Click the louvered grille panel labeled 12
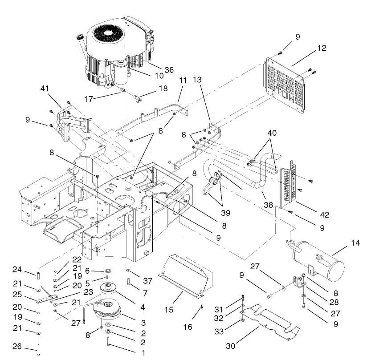285,85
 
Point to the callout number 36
169,69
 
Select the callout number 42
324,215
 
